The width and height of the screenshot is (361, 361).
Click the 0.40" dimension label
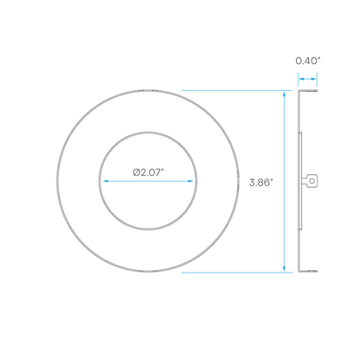[308, 61]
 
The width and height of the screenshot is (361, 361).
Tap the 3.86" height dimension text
[261, 182]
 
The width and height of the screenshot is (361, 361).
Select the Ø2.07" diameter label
[148, 173]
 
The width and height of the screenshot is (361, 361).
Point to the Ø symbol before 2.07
[136, 173]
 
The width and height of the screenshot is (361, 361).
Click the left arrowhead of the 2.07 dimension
[106, 181]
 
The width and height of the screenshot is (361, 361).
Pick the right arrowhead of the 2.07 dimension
[190, 181]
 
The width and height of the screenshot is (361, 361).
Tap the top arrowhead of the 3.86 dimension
[284, 94]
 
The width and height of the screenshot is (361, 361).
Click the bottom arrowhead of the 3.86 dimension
[284, 269]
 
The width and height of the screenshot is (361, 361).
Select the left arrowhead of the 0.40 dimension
[301, 79]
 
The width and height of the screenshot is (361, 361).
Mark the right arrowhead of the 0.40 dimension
[314, 79]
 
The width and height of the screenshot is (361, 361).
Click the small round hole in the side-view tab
[312, 180]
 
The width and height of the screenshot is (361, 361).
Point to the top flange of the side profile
[308, 91]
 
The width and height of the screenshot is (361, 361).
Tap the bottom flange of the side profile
[308, 272]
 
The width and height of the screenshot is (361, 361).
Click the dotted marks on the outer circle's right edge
[239, 181]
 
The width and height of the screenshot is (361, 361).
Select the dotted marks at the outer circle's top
[148, 91]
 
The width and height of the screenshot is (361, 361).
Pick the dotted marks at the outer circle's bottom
[148, 272]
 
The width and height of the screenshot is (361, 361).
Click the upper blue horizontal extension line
[237, 90]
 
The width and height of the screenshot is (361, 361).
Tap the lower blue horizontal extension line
[237, 272]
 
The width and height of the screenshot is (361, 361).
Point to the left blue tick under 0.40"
[299, 80]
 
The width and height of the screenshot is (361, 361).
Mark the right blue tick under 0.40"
[317, 80]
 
